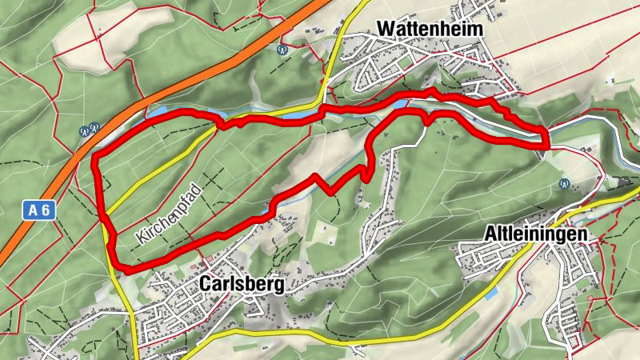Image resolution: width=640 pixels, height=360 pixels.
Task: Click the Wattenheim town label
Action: point(430,28)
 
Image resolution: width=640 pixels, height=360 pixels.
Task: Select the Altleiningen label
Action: point(536,234)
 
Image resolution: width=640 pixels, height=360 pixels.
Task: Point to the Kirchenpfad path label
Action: point(167,214)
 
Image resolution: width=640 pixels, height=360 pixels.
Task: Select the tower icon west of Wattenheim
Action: point(282,50)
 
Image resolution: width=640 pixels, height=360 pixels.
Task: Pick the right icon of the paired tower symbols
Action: point(94,126)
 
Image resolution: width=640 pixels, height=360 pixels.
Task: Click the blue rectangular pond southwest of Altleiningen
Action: point(490,295)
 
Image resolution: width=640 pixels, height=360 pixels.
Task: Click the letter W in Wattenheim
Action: point(385,28)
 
